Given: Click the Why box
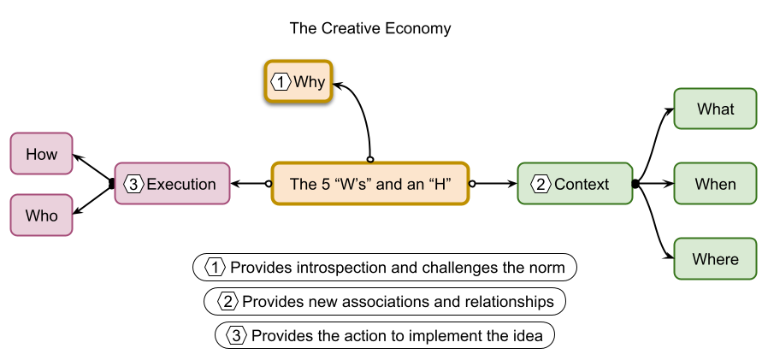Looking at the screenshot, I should coord(298,82).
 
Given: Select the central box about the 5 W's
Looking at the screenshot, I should coord(370,184).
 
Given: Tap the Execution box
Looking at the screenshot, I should coord(173,184).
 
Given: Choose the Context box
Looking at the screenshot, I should coord(575,184).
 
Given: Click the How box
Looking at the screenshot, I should coord(41,154).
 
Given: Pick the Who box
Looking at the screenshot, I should coord(41,215).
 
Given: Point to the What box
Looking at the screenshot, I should coord(715,109).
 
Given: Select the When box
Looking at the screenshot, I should coord(715,184).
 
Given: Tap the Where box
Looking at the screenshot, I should coord(715,258).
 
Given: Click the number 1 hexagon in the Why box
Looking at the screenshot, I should coord(281,82).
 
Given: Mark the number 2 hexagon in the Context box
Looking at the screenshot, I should coord(541,184).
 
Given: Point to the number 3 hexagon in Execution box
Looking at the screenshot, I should coord(133,184).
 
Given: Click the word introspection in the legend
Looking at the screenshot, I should coord(342,268).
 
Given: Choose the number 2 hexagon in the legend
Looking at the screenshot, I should coord(227,302).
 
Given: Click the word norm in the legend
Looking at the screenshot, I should coord(546,268).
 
